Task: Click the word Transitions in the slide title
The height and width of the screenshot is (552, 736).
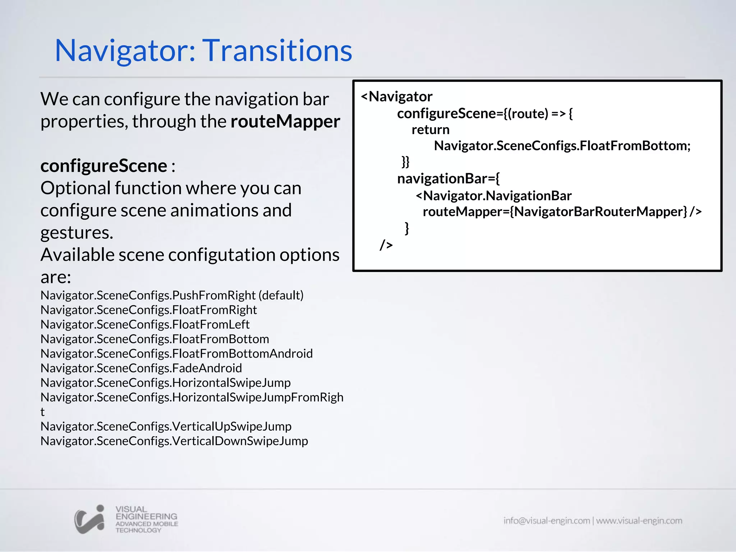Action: pos(279,51)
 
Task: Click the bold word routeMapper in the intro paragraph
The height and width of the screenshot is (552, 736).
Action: pos(285,121)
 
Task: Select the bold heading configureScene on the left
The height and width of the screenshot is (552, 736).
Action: pos(103,166)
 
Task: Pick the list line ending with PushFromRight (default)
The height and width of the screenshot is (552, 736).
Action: pos(172,295)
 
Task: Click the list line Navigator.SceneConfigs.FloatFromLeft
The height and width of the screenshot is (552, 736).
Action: pos(145,325)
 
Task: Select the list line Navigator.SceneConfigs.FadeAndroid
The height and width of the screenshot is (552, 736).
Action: pos(141,368)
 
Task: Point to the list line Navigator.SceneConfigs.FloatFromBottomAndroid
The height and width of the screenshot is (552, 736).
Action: pos(176,354)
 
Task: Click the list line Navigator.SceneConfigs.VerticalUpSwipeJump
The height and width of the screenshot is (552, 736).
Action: pos(166,427)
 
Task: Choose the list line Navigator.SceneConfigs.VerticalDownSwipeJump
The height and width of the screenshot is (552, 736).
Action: pos(174,441)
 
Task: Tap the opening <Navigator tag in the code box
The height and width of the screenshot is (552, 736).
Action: pos(396,97)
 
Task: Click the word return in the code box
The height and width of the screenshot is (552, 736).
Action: pos(430,130)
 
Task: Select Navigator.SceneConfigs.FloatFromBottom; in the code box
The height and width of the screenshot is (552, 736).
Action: pos(562,146)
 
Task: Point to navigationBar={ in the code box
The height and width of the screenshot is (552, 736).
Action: pos(448,179)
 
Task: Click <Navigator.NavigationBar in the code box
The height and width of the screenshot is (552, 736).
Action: pos(493,196)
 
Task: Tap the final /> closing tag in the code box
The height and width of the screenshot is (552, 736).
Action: pos(386,245)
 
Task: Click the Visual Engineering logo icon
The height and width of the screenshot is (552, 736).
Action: pos(89,519)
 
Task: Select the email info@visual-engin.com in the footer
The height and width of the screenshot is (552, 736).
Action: pos(546,521)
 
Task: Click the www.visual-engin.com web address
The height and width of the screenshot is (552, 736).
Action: pos(639,521)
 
